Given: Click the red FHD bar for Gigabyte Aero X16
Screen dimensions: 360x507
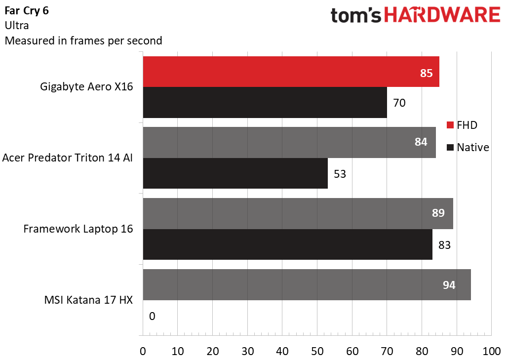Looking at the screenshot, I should coord(291,72).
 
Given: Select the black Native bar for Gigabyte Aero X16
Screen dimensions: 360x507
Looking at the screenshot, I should coord(265,102).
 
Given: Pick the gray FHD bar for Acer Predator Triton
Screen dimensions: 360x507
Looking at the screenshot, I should coord(289,143).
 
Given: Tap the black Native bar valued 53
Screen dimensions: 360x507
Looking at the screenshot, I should coord(235,173).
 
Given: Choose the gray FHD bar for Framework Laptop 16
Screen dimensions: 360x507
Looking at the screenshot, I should coord(298,214).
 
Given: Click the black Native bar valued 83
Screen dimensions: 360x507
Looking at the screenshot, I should coord(287,244).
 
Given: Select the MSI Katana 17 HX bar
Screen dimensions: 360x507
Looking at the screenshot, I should coord(307,285).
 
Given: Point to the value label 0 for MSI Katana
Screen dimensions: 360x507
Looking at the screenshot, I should coord(152,316).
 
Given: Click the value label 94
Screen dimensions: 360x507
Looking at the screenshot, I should coord(448,285).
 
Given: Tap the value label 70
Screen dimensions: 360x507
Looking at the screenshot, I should coord(399,103).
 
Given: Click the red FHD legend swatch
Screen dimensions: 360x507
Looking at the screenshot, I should coord(450,125).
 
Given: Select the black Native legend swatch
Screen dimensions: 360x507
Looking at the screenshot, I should coord(450,147).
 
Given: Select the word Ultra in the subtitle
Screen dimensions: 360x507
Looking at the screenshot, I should coord(16,25).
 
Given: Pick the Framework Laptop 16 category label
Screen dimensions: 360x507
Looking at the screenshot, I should coord(78,230).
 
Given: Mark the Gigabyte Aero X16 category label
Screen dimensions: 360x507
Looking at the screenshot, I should coord(86,87).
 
